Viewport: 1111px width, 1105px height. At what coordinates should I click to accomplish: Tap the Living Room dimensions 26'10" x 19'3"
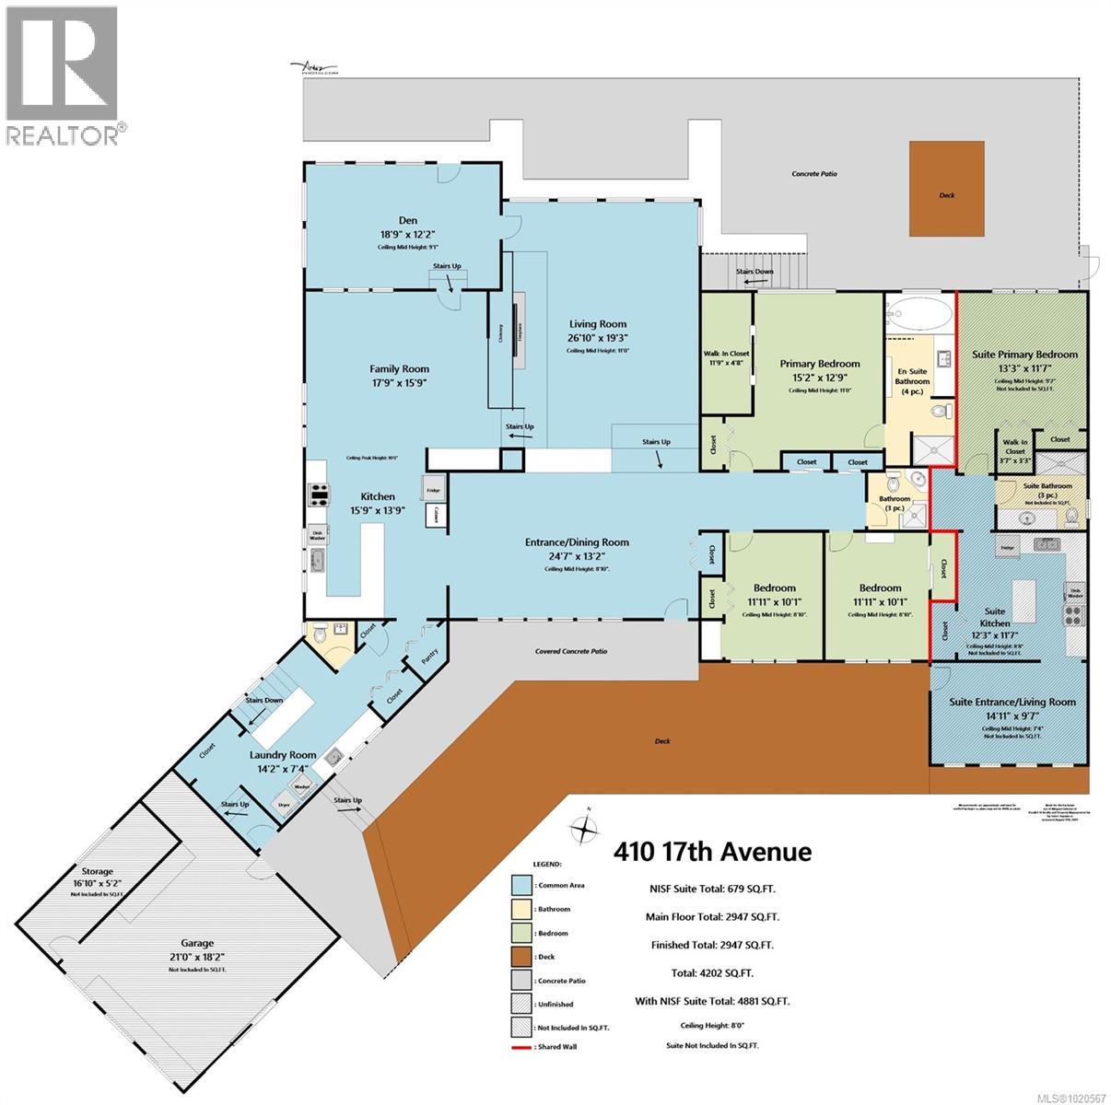click(x=597, y=338)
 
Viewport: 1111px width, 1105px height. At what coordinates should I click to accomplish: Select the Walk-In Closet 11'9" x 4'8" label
click(x=726, y=354)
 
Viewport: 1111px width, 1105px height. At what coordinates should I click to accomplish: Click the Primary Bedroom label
click(x=819, y=364)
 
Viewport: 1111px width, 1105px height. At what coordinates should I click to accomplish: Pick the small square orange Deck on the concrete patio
click(x=948, y=189)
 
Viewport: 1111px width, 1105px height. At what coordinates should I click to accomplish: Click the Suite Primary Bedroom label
click(x=1024, y=355)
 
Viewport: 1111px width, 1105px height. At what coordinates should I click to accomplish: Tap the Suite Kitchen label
click(x=995, y=611)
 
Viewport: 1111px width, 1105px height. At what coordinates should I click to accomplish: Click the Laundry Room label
click(x=283, y=755)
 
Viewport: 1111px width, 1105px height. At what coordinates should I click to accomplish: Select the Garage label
click(x=197, y=943)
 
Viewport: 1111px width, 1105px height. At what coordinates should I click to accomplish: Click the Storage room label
click(x=97, y=871)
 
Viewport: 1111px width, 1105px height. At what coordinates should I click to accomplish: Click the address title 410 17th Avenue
click(x=712, y=852)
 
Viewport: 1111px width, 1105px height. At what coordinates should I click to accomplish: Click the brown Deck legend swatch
click(x=521, y=957)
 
